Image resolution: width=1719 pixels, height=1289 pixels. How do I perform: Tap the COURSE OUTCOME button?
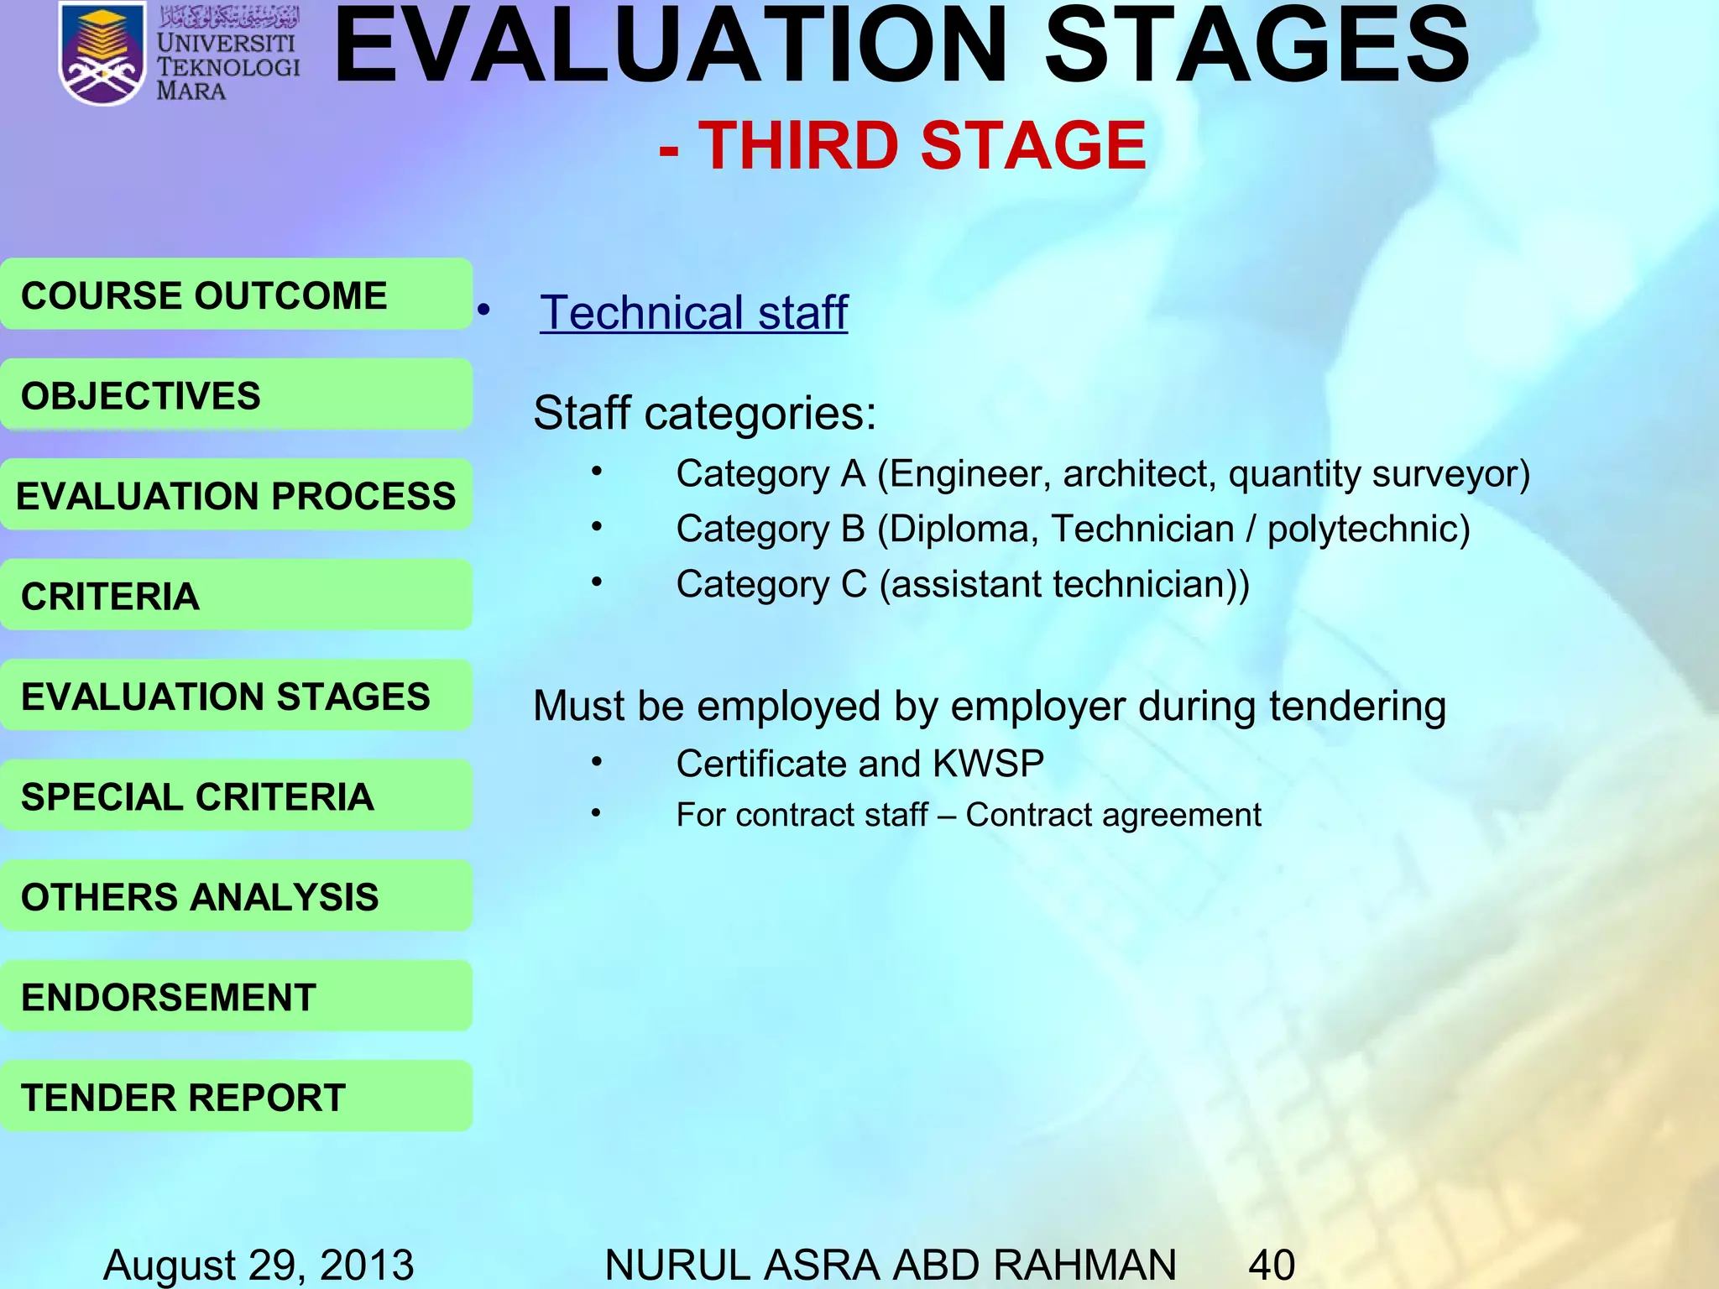click(x=236, y=295)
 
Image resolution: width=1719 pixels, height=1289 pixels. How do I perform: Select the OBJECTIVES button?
click(x=236, y=394)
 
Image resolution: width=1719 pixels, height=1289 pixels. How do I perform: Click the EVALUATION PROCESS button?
click(x=236, y=495)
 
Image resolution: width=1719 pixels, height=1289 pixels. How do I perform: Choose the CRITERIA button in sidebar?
click(x=236, y=595)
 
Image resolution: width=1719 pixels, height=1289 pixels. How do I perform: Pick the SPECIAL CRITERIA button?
click(x=236, y=796)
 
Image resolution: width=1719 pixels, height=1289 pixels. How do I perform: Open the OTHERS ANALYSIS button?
click(x=236, y=895)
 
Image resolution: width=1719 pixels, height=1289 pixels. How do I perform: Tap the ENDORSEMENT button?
click(x=236, y=996)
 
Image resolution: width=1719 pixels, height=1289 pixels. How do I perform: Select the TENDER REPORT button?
click(x=236, y=1096)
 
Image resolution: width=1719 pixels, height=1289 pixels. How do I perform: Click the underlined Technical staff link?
click(x=693, y=312)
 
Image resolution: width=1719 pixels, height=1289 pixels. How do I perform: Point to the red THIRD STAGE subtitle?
click(x=903, y=145)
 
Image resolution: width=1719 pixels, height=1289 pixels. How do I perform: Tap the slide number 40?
click(x=1272, y=1264)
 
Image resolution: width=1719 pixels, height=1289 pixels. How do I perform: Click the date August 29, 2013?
click(x=259, y=1264)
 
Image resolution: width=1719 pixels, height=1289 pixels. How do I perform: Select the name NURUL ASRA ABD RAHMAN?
click(x=890, y=1264)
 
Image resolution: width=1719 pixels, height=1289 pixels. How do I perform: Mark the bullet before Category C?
click(x=596, y=582)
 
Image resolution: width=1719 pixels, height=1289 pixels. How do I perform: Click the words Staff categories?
click(x=704, y=414)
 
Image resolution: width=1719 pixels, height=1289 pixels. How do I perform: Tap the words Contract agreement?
click(x=1113, y=815)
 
